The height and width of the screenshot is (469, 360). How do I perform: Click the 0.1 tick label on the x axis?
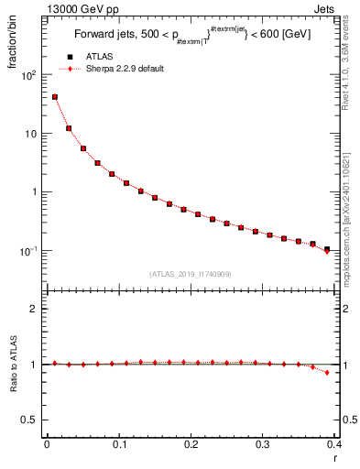118,443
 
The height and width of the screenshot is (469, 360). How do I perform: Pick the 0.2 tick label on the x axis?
191,443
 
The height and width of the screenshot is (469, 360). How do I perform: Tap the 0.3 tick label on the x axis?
263,443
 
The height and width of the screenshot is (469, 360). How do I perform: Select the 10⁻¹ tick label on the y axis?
28,250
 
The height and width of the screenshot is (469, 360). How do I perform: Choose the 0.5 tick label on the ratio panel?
32,420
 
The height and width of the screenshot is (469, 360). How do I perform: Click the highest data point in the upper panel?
54,96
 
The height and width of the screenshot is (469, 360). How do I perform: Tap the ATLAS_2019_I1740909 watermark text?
189,273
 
